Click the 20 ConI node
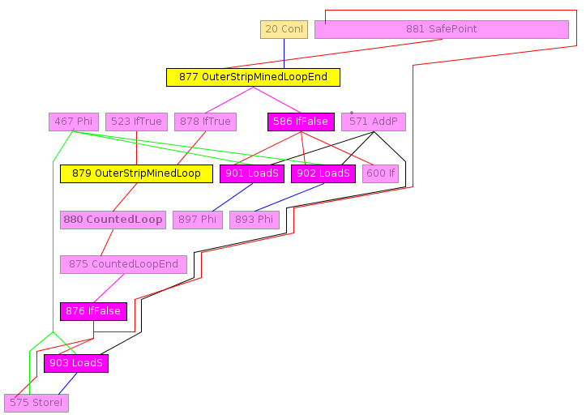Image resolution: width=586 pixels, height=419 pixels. click(284, 29)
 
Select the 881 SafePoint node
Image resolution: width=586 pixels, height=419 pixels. click(441, 29)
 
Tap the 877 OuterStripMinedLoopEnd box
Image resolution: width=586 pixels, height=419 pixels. click(253, 77)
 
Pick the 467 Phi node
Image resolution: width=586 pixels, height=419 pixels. click(74, 122)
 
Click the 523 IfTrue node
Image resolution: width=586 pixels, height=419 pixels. click(136, 122)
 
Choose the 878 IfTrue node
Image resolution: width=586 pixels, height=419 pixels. click(205, 122)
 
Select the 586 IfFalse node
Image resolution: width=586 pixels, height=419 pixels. click(301, 122)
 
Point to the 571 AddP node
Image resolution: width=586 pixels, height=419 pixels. click(373, 122)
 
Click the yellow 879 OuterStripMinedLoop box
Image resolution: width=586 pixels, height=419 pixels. click(136, 173)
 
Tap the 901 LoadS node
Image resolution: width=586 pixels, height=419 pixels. click(251, 173)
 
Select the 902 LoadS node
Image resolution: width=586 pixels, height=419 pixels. click(323, 173)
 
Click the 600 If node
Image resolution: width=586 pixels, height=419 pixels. click(380, 173)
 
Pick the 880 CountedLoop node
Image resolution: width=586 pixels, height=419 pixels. click(113, 219)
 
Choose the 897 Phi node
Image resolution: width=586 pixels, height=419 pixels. click(198, 219)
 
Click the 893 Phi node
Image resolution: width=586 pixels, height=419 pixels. click(255, 219)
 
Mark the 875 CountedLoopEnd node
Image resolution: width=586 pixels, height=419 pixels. click(124, 264)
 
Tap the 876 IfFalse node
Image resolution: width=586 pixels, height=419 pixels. click(93, 311)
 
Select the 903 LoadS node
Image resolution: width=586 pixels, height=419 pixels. click(76, 363)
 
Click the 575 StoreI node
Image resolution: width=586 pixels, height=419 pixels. click(36, 403)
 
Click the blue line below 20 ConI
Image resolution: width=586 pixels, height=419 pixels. click(284, 53)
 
